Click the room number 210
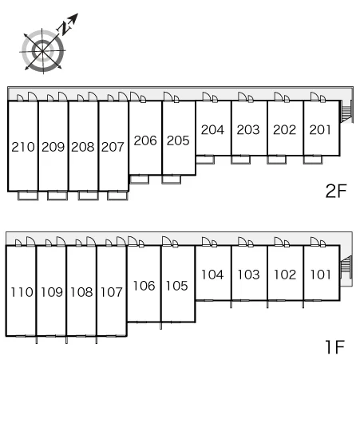point(23,147)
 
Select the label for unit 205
point(178,140)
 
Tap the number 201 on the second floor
point(320,130)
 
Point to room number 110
point(22,292)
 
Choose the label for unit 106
point(144,286)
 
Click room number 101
point(320,275)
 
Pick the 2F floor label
point(336,191)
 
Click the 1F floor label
point(334,347)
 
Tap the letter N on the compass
point(65,27)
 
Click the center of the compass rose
point(43,51)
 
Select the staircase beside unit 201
point(346,111)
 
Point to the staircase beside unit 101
point(346,267)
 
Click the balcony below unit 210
point(28,196)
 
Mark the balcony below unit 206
point(139,180)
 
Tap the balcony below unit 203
point(241,160)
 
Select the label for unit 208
point(83,147)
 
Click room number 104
point(212,275)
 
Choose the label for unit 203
point(248,130)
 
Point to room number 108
point(81,292)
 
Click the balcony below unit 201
point(313,160)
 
